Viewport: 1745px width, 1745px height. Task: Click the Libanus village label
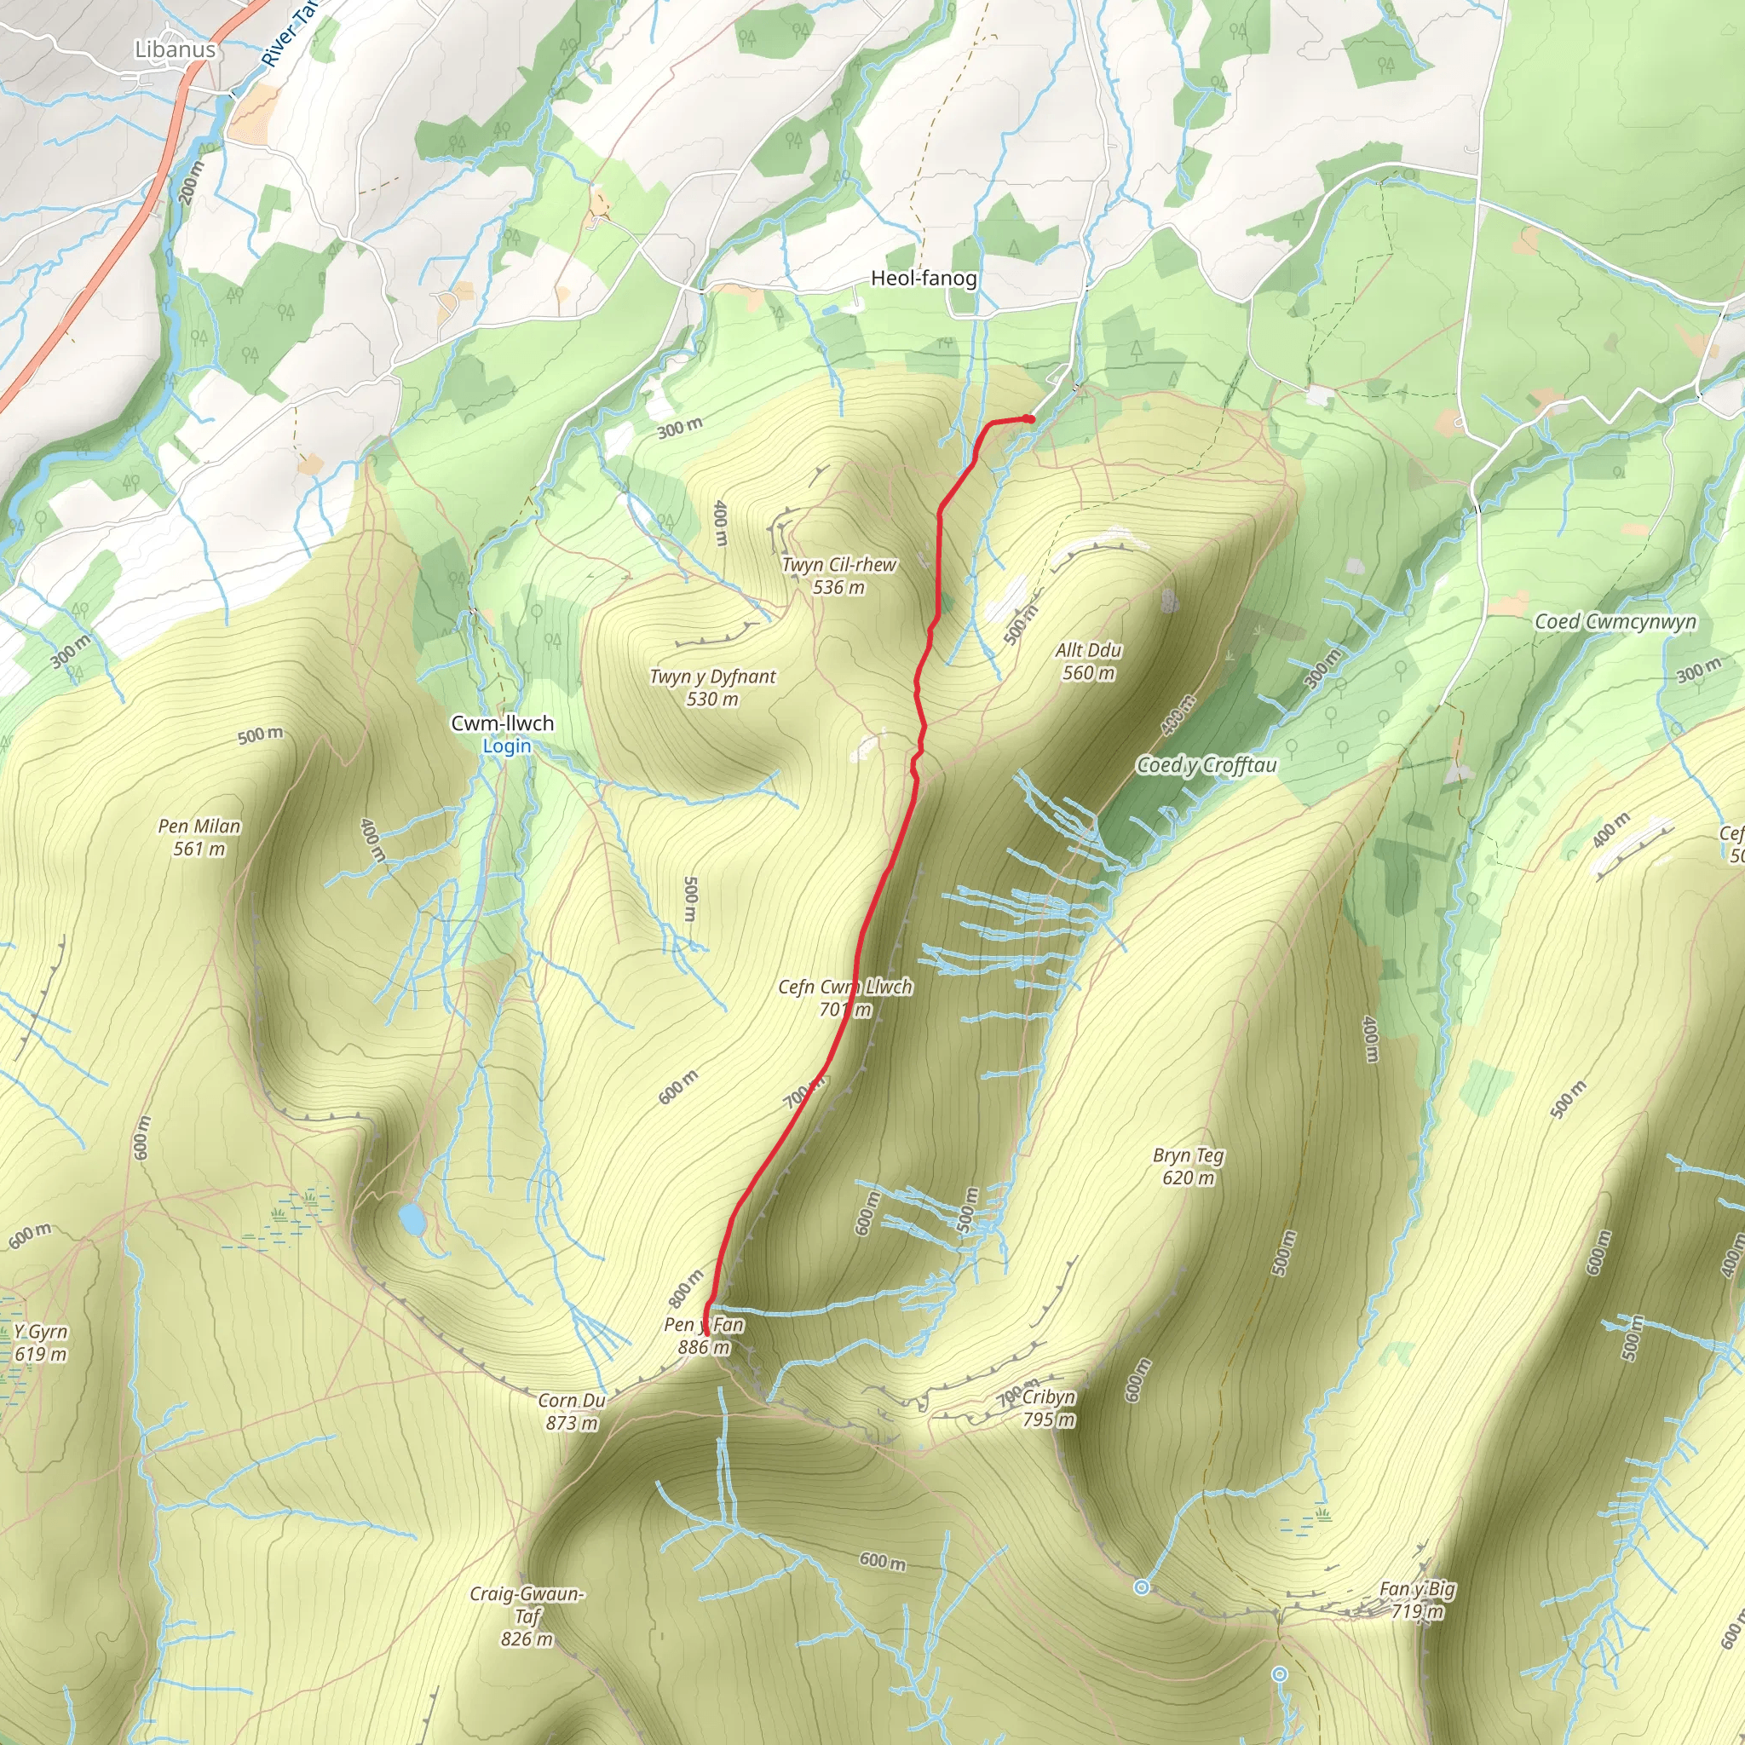(176, 49)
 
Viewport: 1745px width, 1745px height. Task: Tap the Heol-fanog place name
(923, 278)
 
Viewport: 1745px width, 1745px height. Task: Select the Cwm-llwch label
(502, 723)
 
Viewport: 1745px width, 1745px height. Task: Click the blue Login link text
(507, 746)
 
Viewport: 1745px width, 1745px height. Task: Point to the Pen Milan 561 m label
(199, 837)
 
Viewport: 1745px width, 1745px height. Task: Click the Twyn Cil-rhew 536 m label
(839, 575)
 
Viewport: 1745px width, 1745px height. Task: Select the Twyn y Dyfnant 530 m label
(712, 688)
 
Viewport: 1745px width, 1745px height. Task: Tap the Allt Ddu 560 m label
(1088, 661)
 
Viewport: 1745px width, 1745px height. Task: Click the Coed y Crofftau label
(1207, 765)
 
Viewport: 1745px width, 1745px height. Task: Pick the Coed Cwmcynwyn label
(1615, 621)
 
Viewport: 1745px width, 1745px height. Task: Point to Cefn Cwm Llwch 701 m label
(845, 997)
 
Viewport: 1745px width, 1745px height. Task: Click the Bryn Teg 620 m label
(1189, 1166)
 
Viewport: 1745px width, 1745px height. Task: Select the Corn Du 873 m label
(572, 1411)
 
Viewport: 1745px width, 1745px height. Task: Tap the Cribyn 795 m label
(1048, 1408)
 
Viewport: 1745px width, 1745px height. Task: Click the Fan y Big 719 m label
(1417, 1599)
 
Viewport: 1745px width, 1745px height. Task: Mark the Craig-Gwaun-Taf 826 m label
(527, 1615)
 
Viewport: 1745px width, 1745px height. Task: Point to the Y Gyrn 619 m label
(41, 1342)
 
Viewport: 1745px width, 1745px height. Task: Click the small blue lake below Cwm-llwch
(412, 1219)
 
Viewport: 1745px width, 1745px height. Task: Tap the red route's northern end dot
(1029, 418)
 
